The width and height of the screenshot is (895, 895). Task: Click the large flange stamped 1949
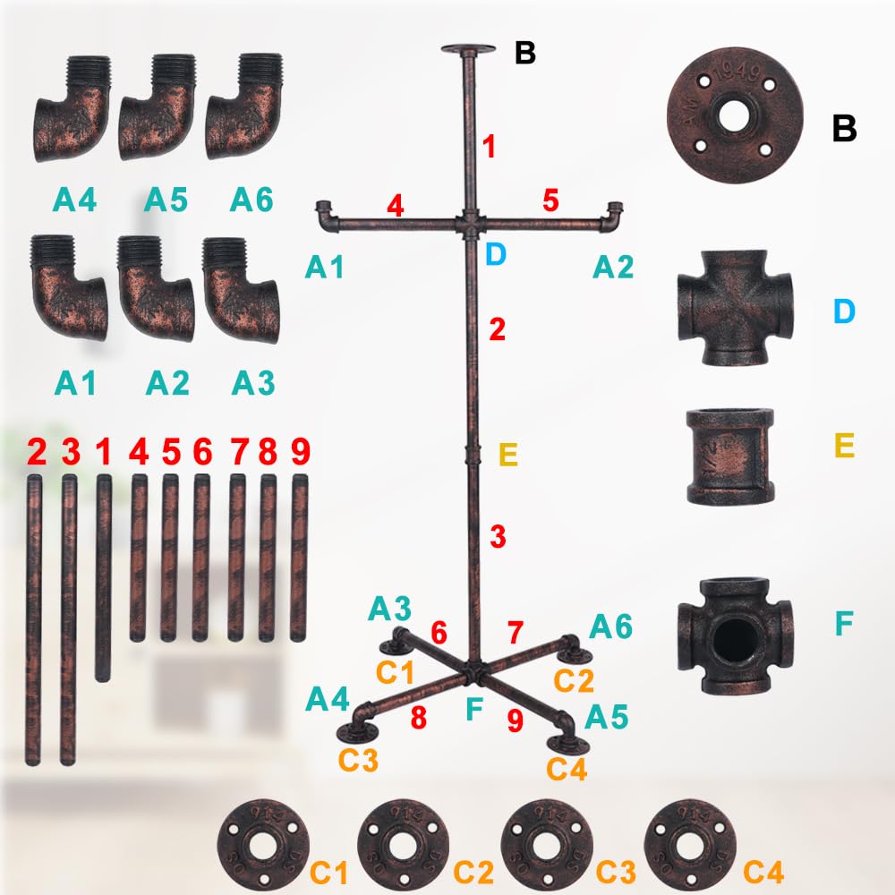pyautogui.click(x=735, y=115)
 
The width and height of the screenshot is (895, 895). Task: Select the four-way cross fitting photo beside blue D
pyautogui.click(x=735, y=308)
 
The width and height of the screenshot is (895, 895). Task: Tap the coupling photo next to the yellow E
pyautogui.click(x=730, y=456)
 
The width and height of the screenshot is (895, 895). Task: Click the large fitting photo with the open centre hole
pyautogui.click(x=735, y=635)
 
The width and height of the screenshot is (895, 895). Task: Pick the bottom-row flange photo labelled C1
pyautogui.click(x=263, y=845)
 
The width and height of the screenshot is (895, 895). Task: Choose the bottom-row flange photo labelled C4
pyautogui.click(x=690, y=845)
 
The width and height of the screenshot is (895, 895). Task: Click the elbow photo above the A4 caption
pyautogui.click(x=72, y=108)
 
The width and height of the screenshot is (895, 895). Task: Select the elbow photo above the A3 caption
pyautogui.click(x=241, y=290)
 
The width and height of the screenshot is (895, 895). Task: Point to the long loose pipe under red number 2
pyautogui.click(x=34, y=619)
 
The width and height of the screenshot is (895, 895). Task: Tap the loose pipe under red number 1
pyautogui.click(x=103, y=577)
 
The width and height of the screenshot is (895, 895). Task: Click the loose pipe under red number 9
pyautogui.click(x=299, y=558)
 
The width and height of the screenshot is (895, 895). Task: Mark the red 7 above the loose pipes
pyautogui.click(x=239, y=451)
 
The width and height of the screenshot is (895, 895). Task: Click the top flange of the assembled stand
pyautogui.click(x=468, y=49)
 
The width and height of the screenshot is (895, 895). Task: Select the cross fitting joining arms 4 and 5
pyautogui.click(x=471, y=223)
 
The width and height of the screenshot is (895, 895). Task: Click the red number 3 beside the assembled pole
pyautogui.click(x=498, y=536)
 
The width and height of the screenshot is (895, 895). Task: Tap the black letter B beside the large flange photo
pyautogui.click(x=844, y=128)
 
